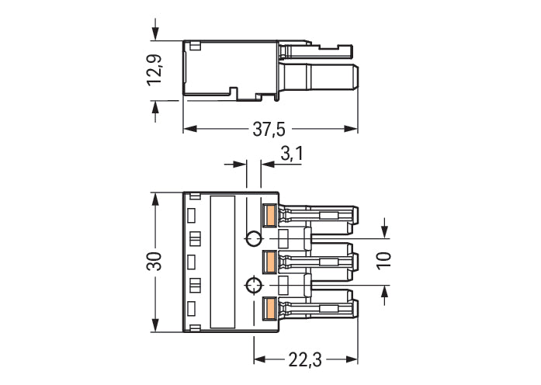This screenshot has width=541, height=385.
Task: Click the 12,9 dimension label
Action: coord(156,71)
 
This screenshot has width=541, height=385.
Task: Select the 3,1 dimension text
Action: coord(291,154)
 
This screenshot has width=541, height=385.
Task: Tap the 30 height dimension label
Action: coord(156,261)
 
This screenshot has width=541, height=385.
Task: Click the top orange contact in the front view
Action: coord(270,215)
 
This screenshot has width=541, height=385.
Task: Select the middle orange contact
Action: coord(270,262)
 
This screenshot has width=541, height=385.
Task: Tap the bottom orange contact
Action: coord(270,308)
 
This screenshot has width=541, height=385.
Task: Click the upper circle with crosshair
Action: coord(253,238)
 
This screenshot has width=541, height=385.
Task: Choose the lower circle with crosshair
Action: coord(253,285)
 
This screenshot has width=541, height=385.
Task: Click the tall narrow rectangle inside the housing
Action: coord(223,261)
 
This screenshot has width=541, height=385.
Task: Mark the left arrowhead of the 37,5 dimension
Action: coord(189,129)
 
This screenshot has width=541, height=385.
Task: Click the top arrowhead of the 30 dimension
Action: coord(156,197)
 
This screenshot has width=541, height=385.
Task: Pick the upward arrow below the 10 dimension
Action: coord(386,292)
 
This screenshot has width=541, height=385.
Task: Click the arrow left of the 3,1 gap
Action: coord(241,164)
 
